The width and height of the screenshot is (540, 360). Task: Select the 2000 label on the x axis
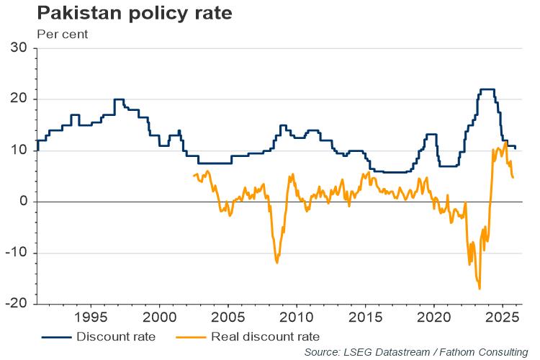pyautogui.click(x=159, y=318)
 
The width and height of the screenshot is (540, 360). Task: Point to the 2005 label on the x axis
pyautogui.click(x=228, y=318)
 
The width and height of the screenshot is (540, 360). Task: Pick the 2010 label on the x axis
pyautogui.click(x=297, y=318)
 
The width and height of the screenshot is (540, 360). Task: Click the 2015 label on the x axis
pyautogui.click(x=365, y=318)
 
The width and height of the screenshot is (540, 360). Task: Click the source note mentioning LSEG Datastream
pyautogui.click(x=416, y=351)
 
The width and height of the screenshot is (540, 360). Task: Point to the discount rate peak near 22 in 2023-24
pyautogui.click(x=487, y=89)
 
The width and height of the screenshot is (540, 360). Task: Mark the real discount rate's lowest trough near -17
pyautogui.click(x=480, y=288)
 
